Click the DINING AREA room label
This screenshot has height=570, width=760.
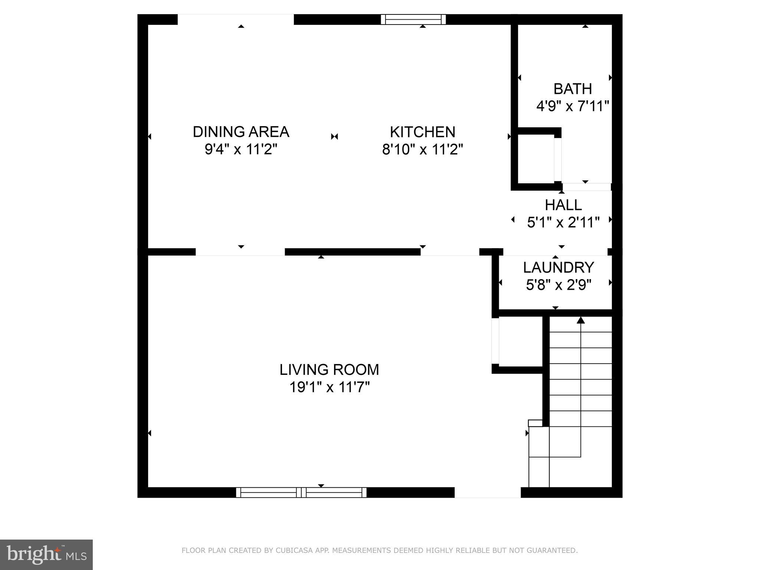241,132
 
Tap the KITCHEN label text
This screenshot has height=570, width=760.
422,132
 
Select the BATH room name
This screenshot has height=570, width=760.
573,89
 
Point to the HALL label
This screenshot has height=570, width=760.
563,205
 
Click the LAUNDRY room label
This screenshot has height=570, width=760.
558,268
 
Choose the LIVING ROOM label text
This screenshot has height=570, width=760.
329,370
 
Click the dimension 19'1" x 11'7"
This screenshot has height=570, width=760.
329,387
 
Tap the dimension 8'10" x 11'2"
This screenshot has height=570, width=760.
422,150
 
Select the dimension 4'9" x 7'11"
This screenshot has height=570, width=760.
573,107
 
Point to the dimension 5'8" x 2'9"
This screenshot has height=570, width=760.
558,285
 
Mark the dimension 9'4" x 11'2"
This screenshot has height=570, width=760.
241,150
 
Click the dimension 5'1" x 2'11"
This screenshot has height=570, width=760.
563,223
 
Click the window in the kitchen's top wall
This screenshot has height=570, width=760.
413,19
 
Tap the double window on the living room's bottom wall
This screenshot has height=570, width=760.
301,492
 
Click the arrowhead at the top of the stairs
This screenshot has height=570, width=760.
580,320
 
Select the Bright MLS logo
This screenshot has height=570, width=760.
46,554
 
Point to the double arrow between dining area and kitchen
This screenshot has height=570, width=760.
334,137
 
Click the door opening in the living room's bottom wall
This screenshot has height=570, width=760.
487,492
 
